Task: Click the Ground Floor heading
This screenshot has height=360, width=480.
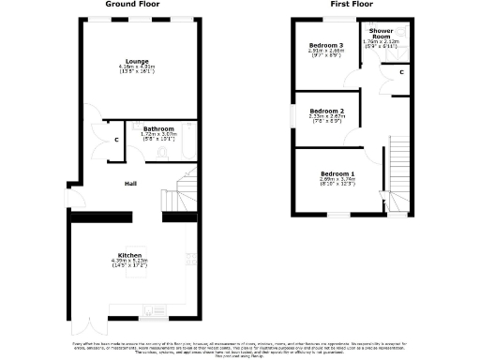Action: tap(130, 5)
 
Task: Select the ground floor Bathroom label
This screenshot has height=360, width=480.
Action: tap(158, 128)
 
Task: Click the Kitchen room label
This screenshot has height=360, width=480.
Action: tap(130, 255)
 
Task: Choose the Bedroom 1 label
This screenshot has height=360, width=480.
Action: tap(337, 174)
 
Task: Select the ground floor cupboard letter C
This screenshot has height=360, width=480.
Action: tap(115, 141)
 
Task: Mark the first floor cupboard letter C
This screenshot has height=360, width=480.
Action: tap(400, 71)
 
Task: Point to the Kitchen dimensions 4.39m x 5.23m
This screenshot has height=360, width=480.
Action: tap(130, 262)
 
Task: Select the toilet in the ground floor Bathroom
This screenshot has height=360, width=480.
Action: tap(162, 152)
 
